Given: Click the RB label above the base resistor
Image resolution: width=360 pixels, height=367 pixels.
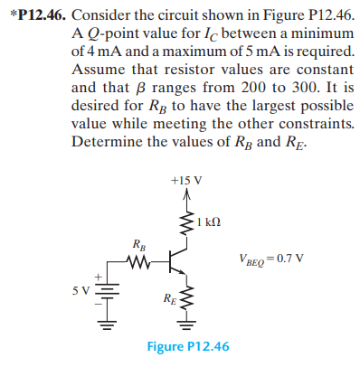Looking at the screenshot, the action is click(137, 242).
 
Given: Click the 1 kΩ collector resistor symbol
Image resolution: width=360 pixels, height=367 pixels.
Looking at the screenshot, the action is click(186, 221).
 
